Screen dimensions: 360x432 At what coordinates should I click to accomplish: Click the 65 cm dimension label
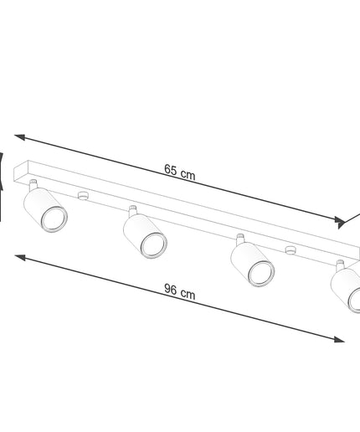tap(180, 172)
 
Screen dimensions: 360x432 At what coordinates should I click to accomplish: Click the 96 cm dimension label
tap(180, 291)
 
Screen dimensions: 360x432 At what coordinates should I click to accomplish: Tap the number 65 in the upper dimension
tap(171, 169)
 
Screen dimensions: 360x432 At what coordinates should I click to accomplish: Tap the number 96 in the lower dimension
tap(171, 289)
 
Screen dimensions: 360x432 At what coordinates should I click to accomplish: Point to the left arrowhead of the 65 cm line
tap(19, 136)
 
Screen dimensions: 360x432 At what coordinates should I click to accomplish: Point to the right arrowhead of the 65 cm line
tap(340, 221)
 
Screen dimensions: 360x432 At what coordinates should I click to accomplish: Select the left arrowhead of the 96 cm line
tap(20, 257)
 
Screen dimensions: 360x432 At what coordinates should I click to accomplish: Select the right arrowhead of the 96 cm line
tap(339, 339)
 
